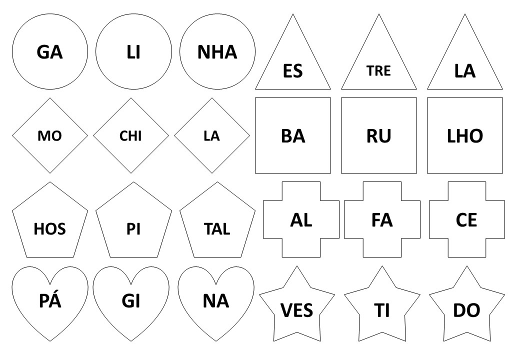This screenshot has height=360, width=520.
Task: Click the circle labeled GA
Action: [50, 51]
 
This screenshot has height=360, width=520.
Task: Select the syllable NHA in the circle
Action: [217, 52]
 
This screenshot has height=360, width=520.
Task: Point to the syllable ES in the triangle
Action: [293, 71]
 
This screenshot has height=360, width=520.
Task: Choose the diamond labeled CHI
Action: [131, 135]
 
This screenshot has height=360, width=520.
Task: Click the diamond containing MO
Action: [50, 135]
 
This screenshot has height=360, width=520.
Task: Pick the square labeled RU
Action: [378, 135]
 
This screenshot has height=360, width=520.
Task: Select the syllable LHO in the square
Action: [465, 136]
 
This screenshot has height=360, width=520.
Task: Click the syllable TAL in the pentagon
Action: [217, 229]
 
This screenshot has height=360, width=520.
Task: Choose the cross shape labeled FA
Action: [382, 219]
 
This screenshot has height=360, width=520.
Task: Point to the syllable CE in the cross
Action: [466, 220]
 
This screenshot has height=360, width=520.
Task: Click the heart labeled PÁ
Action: [50, 303]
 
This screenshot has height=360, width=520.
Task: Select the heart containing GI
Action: [131, 303]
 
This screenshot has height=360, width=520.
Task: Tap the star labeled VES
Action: [297, 305]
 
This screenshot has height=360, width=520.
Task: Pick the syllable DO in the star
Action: [466, 310]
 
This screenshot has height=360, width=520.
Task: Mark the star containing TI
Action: [382, 305]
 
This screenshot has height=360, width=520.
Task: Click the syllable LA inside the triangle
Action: [465, 71]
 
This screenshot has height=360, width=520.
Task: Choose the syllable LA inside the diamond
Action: [211, 136]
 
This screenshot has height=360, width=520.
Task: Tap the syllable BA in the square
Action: [293, 136]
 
